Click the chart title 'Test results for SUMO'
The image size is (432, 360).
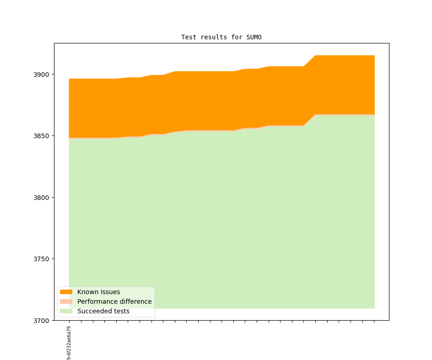pos(221,37)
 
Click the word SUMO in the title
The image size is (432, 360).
pos(254,37)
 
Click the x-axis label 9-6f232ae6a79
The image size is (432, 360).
pos(69,343)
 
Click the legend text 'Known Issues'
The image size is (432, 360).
pos(98,292)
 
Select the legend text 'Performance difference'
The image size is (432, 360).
pos(114,301)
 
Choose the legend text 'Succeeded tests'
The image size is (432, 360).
pos(103,311)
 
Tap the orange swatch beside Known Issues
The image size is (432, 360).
pos(66,292)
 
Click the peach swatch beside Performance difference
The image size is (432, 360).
pos(66,301)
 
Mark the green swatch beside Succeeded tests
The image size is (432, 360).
pos(66,311)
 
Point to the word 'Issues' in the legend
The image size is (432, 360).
pos(109,292)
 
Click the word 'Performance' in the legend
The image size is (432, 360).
pos(96,301)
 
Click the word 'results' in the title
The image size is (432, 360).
pos(213,37)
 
